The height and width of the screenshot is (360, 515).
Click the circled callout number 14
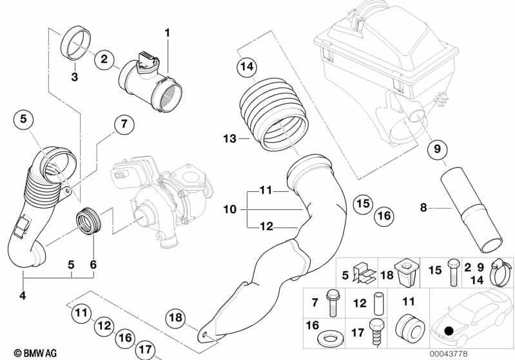pos(246,66)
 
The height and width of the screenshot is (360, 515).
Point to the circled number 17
pos(146,350)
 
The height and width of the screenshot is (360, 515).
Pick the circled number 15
pos(363,204)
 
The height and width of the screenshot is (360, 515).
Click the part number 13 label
pos(226,138)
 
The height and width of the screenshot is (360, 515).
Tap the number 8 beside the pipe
pos(423,207)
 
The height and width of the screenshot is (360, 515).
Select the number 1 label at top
pos(167,32)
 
